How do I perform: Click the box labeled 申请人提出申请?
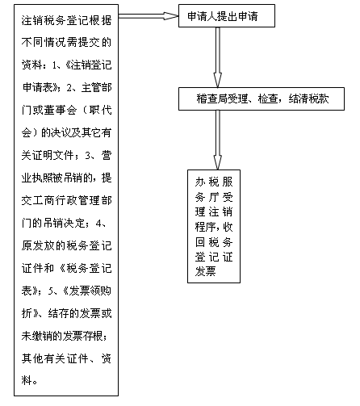tap(227, 15)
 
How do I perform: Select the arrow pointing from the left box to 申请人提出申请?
tap(149, 16)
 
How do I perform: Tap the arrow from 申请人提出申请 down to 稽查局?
tap(218, 57)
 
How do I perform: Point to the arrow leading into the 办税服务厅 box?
tap(218, 140)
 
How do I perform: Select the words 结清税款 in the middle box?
tap(308, 98)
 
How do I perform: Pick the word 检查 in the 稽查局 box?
tap(268, 98)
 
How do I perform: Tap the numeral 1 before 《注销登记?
tap(55, 65)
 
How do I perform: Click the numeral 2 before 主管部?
tap(69, 87)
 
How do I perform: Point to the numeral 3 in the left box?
tap(88, 155)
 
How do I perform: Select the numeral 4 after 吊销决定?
tap(98, 223)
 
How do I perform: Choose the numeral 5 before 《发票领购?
tap(51, 291)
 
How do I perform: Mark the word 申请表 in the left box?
tap(38, 87)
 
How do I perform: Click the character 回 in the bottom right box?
tap(200, 242)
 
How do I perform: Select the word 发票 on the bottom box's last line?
tap(205, 271)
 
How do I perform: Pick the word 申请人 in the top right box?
tap(202, 16)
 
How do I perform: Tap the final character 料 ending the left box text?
tap(27, 381)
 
